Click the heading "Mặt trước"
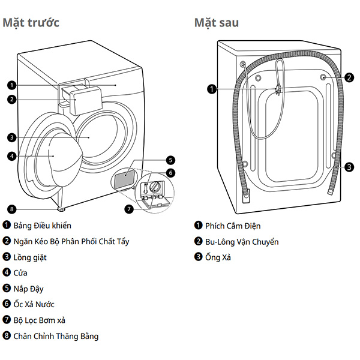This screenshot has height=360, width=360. (x=31, y=23)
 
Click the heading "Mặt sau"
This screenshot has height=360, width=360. (x=217, y=23)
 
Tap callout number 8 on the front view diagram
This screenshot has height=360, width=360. (x=12, y=209)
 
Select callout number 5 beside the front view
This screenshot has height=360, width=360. (x=170, y=160)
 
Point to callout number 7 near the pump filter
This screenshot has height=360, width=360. (x=129, y=209)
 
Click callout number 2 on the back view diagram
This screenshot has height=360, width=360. (x=349, y=77)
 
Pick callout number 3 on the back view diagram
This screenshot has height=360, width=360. (x=349, y=167)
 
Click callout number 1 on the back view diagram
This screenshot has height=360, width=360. (x=212, y=89)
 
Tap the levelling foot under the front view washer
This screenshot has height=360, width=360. (x=61, y=209)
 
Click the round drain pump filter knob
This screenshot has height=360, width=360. (x=154, y=186)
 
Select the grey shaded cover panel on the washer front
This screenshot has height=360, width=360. (x=124, y=177)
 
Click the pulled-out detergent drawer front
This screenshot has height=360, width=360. (x=86, y=100)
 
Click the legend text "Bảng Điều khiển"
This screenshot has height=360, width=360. (x=42, y=226)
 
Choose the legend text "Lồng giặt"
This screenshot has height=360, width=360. (x=30, y=257)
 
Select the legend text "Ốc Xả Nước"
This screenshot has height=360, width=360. (x=34, y=304)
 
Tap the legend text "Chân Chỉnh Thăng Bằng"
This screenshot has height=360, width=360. (x=56, y=337)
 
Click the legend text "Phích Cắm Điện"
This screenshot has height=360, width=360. (x=233, y=226)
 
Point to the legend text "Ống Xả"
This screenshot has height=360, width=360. (x=218, y=257)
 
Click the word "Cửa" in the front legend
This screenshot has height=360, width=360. (x=20, y=273)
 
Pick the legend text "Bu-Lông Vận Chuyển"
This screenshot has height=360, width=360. (x=242, y=242)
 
